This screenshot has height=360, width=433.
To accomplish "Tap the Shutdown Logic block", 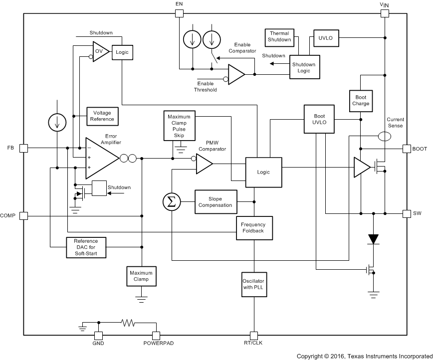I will point(305,67).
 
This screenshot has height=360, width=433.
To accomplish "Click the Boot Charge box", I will point(361,100).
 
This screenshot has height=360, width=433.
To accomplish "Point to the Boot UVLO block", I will point(319,119).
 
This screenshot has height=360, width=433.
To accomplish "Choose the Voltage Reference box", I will point(102,116).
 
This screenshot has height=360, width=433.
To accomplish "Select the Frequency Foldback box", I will point(254,228).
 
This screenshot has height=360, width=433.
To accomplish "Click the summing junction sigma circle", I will point(171,201).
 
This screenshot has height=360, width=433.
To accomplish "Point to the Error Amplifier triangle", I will point(100,158).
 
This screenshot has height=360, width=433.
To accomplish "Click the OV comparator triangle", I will point(100,52).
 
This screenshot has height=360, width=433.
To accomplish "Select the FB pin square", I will point(23,148).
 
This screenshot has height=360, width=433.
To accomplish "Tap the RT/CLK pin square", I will point(254,335).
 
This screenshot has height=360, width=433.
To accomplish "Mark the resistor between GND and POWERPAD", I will point(128,323).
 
